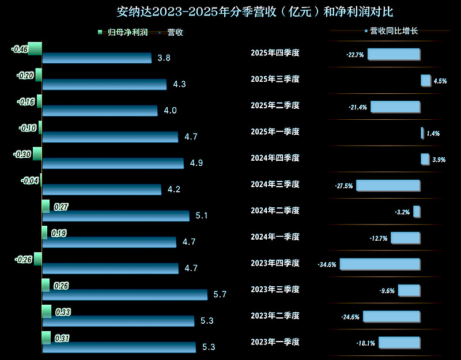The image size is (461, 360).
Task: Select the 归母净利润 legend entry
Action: (x=123, y=32)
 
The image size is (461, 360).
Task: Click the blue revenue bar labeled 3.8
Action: (x=97, y=58)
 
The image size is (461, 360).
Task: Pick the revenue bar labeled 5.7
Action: (x=125, y=294)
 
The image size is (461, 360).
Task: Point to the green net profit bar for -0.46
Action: (x=35, y=48)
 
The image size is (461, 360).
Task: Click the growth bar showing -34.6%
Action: (x=380, y=264)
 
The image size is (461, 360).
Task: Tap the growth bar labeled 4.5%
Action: (x=426, y=81)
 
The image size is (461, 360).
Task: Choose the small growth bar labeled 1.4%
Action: (x=422, y=133)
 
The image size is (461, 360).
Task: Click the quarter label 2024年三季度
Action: (x=275, y=184)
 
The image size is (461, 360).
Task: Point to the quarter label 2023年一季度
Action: (x=275, y=342)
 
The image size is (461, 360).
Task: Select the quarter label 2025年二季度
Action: (x=275, y=105)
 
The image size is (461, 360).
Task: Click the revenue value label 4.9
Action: (x=197, y=163)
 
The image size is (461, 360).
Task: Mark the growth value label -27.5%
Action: (x=343, y=186)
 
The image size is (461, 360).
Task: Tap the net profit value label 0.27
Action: (x=61, y=207)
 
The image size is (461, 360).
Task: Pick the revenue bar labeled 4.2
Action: (x=102, y=190)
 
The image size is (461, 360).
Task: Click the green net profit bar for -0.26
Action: (x=38, y=259)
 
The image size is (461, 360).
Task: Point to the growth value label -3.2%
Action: (x=402, y=213)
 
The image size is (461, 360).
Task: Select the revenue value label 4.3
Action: (x=179, y=84)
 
